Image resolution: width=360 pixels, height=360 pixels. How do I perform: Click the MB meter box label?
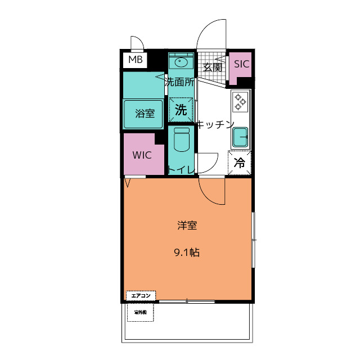click(135, 59)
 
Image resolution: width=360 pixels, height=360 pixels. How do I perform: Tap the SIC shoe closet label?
click(241, 64)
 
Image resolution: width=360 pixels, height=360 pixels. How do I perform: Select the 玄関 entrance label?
click(213, 67)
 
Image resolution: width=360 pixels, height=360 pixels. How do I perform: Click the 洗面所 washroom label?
click(179, 82)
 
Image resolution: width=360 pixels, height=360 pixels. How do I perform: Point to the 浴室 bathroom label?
click(145, 113)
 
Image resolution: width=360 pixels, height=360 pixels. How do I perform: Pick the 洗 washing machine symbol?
click(181, 110)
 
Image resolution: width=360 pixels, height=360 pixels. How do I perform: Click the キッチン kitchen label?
click(214, 125)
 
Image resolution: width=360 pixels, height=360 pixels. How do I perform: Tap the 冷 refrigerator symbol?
click(240, 164)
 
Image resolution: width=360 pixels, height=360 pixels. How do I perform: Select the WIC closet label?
click(142, 155)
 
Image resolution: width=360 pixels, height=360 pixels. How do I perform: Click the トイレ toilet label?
click(181, 169)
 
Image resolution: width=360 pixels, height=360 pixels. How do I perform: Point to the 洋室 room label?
click(187, 226)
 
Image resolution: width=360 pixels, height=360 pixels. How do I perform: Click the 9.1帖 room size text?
click(187, 253)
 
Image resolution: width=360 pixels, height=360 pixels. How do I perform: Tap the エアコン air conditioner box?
click(140, 295)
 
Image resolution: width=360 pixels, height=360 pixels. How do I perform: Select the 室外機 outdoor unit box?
click(140, 312)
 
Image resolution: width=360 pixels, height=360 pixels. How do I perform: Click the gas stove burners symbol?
click(240, 101)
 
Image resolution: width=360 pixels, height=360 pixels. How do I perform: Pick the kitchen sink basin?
click(240, 136)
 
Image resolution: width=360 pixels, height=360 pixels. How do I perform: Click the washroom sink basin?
click(181, 61)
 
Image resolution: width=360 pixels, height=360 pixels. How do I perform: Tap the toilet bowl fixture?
click(181, 140)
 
